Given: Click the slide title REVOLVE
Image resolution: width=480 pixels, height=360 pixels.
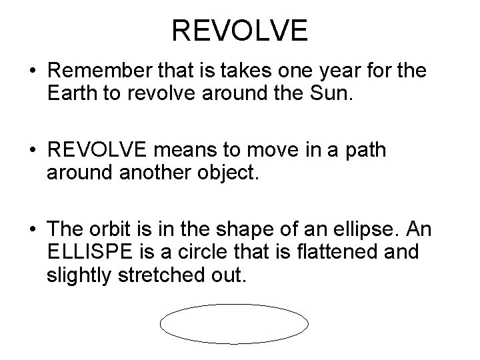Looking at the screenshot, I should click(x=239, y=31).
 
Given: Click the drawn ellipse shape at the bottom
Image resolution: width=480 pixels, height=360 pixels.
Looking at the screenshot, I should click(x=234, y=325).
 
